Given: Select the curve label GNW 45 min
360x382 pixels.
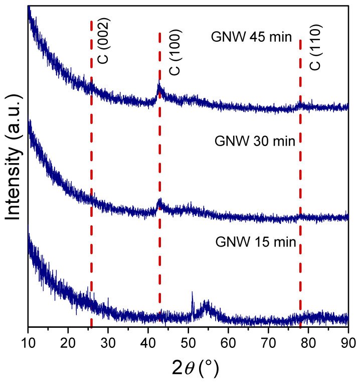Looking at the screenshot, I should [254, 37].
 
